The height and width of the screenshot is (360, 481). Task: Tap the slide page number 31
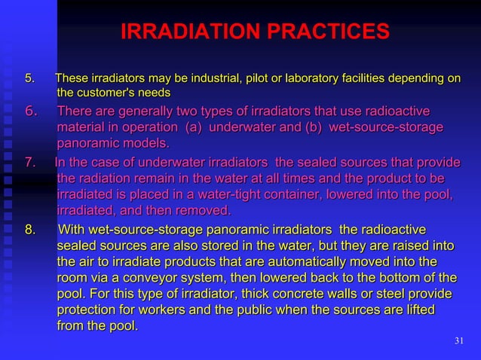click(459, 342)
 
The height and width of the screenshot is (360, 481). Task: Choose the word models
click(142, 143)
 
